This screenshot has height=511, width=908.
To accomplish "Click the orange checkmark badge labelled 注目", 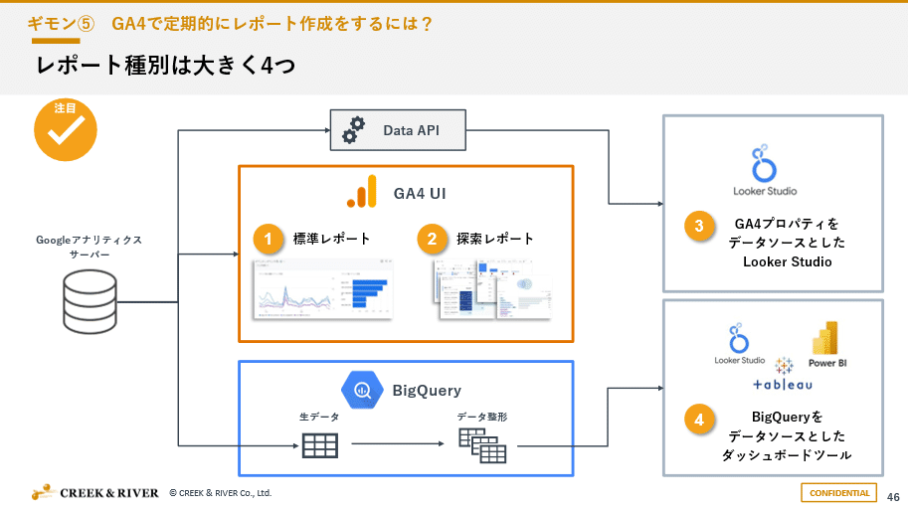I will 66,129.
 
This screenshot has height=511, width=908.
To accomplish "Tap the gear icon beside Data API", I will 353,130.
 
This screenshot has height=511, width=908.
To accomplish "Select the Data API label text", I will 411,130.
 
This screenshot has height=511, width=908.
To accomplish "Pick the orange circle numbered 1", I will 266,240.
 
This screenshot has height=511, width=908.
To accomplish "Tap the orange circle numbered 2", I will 433,240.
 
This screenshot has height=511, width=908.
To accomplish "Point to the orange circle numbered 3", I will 698,227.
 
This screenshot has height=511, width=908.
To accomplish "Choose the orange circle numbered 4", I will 698,421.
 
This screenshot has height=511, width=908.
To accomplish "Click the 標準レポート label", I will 331,240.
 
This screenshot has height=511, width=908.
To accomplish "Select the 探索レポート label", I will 495,240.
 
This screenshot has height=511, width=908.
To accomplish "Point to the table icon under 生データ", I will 319,445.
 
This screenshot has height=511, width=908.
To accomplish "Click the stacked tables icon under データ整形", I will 482,446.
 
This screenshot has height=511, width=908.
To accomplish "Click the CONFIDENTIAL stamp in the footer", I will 839,493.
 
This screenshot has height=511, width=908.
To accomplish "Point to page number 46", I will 892,495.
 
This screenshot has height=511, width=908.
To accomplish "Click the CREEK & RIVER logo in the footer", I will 95,492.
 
